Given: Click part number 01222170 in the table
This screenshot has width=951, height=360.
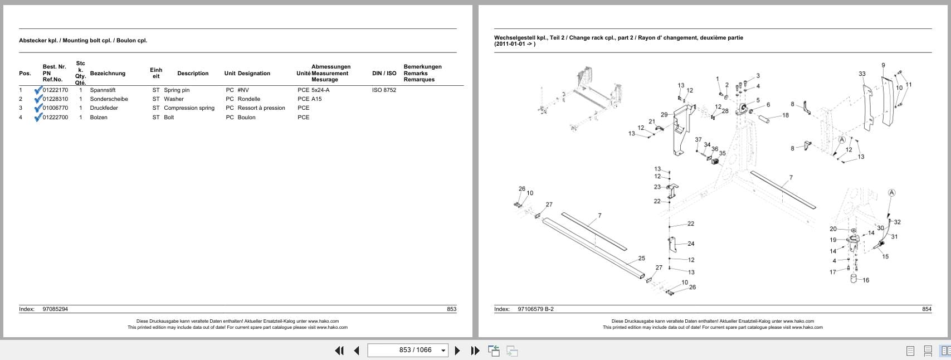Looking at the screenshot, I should (x=55, y=90).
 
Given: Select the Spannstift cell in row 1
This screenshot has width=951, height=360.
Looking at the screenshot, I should (x=103, y=90).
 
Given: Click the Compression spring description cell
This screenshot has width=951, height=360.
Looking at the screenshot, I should (x=189, y=108).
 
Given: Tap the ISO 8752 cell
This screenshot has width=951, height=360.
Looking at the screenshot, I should (x=384, y=90).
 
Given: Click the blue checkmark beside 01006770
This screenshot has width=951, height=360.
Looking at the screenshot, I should (x=38, y=108).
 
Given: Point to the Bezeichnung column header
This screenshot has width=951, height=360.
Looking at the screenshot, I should (x=108, y=74).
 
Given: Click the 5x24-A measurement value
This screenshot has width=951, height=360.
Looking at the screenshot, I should (x=320, y=90).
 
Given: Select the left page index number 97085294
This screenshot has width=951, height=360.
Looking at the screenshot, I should (x=55, y=309).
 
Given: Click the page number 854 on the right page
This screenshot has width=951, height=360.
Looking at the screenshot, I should (x=926, y=309).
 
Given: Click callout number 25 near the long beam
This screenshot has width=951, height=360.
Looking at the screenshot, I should (x=641, y=258).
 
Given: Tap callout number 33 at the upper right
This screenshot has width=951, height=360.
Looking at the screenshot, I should (x=862, y=74).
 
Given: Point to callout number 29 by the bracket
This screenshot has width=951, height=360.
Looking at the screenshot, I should (x=664, y=115).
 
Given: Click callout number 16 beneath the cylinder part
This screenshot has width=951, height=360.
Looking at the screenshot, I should (x=865, y=280).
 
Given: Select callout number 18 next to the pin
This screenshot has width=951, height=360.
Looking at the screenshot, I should (x=785, y=115).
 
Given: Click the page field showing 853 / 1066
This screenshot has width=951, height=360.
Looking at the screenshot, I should (x=408, y=350).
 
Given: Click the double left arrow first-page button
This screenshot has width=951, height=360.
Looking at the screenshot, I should (x=339, y=351).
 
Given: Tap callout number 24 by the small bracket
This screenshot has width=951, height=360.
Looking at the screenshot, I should (x=691, y=244).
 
